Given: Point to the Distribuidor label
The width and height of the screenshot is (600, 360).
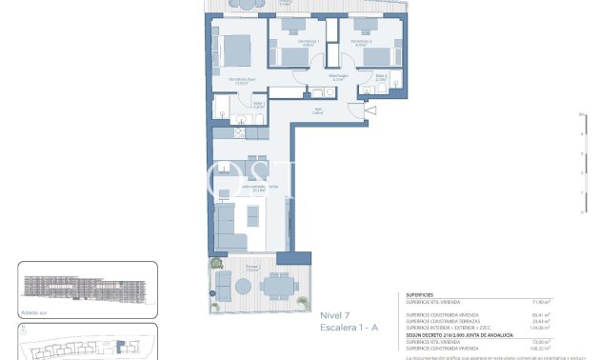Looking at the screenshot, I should tap(338, 76).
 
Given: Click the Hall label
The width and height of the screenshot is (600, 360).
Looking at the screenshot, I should tap(319, 110).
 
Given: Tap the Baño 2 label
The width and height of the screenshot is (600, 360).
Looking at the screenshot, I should tap(380, 77).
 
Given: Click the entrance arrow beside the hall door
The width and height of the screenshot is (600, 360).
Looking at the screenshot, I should tap(370, 111).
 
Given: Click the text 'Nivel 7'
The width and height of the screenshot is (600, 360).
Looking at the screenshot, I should tap(334, 315).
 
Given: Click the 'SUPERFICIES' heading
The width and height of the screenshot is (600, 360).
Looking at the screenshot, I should tap(421, 295).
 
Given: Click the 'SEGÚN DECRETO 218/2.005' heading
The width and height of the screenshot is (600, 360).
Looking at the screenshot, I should tap(460, 334).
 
